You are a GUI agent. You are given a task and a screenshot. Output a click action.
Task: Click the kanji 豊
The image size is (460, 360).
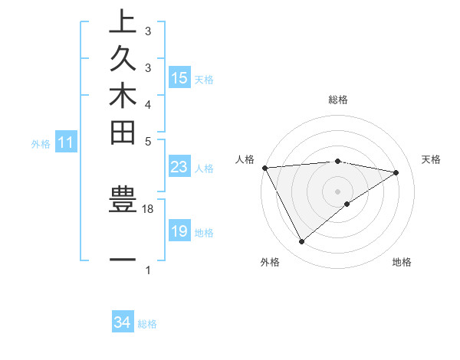click(123, 202)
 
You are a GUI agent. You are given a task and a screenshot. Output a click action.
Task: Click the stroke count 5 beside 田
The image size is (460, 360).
click(148, 141)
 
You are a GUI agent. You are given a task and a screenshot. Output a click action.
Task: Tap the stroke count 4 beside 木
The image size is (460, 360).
click(148, 103)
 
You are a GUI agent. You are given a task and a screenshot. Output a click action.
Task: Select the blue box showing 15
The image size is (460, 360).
click(179, 78)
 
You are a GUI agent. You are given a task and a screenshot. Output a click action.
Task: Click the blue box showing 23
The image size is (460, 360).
click(179, 168)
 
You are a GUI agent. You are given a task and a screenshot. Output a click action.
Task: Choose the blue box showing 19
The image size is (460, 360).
click(179, 231)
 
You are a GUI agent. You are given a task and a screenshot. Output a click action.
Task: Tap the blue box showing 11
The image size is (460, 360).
click(66, 142)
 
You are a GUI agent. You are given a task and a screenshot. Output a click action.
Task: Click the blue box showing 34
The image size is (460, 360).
click(122, 323)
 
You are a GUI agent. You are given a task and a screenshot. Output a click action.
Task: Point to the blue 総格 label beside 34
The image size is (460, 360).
click(147, 324)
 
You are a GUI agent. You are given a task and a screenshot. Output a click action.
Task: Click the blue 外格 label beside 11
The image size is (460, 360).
click(41, 143)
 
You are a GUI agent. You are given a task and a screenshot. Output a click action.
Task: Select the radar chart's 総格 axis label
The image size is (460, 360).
click(337, 100)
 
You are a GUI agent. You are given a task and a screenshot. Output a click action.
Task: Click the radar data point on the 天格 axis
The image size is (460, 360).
click(396, 172)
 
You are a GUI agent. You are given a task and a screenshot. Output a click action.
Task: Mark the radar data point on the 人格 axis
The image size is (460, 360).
click(264, 168)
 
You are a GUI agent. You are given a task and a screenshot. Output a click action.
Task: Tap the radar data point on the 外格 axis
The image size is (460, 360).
click(301, 242)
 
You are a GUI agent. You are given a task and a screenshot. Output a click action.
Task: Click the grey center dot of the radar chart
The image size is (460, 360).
click(337, 191)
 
